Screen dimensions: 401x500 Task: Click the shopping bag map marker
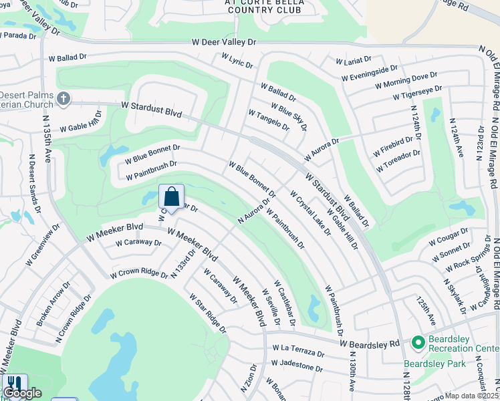171,197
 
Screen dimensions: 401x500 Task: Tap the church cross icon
64,99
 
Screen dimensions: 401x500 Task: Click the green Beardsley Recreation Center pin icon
418,343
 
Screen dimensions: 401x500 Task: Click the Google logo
22,393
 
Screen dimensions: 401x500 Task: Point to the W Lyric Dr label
237,61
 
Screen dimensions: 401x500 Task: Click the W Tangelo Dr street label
269,120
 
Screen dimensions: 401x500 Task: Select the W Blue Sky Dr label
289,116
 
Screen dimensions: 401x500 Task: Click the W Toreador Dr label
398,161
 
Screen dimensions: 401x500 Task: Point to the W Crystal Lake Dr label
310,213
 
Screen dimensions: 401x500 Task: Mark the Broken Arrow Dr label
53,303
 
